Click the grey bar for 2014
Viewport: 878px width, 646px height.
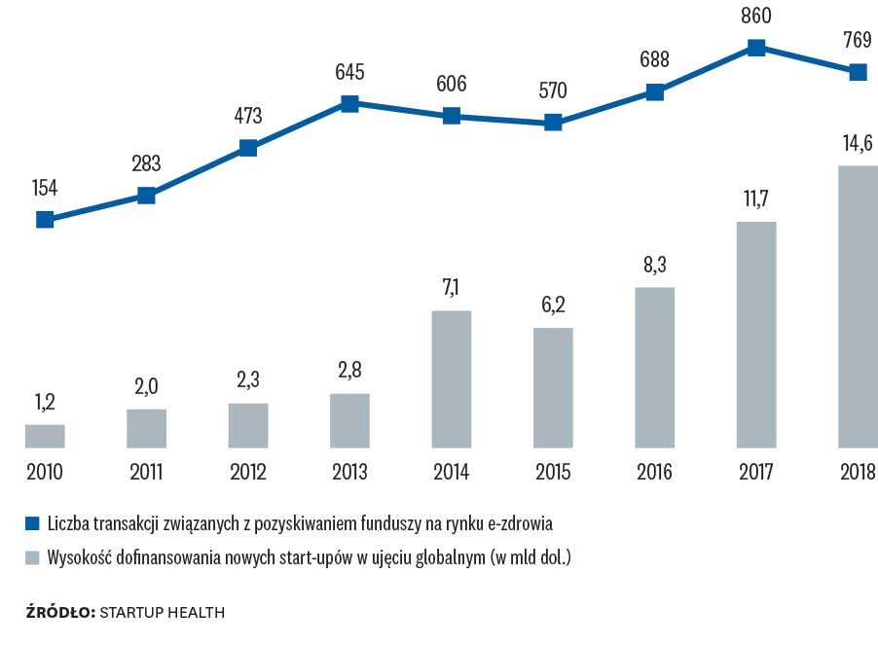point(452,379)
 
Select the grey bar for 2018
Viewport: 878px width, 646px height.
point(857,307)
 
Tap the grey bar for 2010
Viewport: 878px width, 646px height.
point(45,437)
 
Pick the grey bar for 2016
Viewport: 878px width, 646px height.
point(654,368)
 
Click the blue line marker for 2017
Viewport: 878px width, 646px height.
point(755,47)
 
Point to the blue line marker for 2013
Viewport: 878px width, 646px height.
point(350,103)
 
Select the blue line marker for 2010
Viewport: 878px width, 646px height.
point(45,219)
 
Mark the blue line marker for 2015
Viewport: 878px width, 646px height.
point(553,123)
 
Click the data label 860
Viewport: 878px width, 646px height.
point(756,17)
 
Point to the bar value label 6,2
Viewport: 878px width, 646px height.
point(553,304)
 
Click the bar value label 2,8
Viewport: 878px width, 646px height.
point(350,370)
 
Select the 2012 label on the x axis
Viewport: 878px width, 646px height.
point(248,474)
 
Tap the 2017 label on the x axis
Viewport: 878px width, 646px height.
point(755,474)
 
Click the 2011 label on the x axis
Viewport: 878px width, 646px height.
point(147,474)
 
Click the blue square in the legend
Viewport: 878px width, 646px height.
point(32,523)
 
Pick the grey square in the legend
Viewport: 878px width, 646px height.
point(32,558)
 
